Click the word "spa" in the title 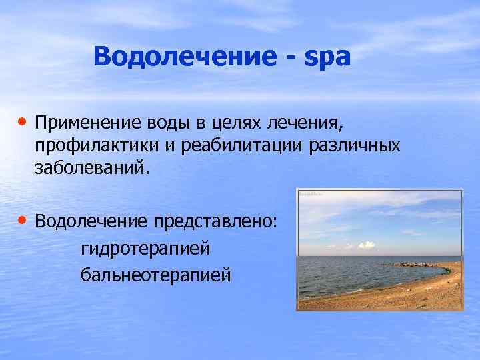(x=327, y=57)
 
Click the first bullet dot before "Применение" (x=23, y=122)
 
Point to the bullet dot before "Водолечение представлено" (x=23, y=219)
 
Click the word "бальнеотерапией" (x=155, y=274)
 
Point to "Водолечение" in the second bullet (x=91, y=221)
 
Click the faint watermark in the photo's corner (x=310, y=194)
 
